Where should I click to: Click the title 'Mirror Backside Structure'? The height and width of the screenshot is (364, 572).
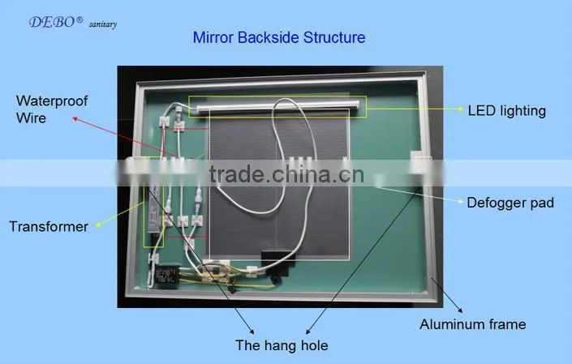click(x=279, y=37)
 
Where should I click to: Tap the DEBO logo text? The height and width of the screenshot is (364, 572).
click(x=52, y=22)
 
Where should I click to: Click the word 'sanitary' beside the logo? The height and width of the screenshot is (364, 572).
click(x=103, y=24)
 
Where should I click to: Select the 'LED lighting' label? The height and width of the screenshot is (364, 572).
click(x=507, y=111)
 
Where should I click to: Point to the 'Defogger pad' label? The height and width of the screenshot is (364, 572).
click(x=510, y=203)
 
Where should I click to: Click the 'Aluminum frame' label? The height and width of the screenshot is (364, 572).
click(x=473, y=324)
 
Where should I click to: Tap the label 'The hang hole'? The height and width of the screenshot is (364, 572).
click(x=282, y=345)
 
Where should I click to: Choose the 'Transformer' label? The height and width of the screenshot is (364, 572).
click(x=49, y=227)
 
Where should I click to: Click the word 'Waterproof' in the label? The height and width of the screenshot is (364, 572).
click(x=52, y=101)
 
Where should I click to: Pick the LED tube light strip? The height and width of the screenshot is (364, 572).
click(x=277, y=107)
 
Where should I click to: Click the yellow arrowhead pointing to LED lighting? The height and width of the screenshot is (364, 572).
click(x=461, y=109)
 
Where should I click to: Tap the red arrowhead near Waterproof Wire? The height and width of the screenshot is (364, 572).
click(x=75, y=119)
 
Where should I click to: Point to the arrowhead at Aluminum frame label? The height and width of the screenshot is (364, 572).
click(x=460, y=310)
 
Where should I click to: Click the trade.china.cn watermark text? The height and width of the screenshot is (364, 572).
click(x=286, y=174)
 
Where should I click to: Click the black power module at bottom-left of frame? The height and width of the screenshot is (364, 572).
click(x=167, y=276)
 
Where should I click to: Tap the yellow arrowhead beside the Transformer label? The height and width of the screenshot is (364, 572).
click(x=98, y=225)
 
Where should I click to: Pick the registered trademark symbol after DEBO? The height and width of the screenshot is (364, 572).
click(x=80, y=19)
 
